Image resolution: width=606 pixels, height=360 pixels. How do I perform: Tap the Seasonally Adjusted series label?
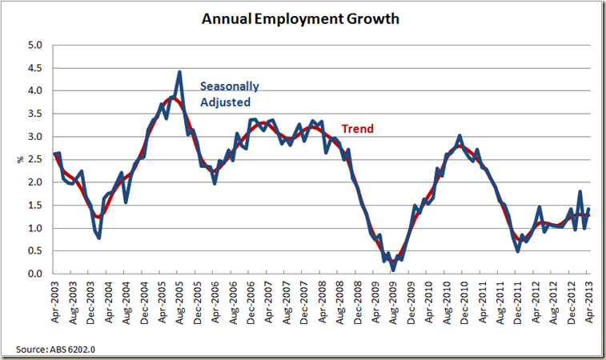tap(229, 94)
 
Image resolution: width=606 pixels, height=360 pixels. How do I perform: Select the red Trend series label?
tap(358, 128)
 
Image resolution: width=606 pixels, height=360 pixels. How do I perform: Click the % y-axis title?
tap(20, 160)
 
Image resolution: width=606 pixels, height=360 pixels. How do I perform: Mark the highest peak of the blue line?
tap(179, 72)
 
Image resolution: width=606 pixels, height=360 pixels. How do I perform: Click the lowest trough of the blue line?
tap(393, 270)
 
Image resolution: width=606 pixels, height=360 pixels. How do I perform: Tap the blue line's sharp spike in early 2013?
tap(580, 192)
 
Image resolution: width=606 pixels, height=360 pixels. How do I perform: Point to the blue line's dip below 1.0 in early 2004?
tap(98, 238)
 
